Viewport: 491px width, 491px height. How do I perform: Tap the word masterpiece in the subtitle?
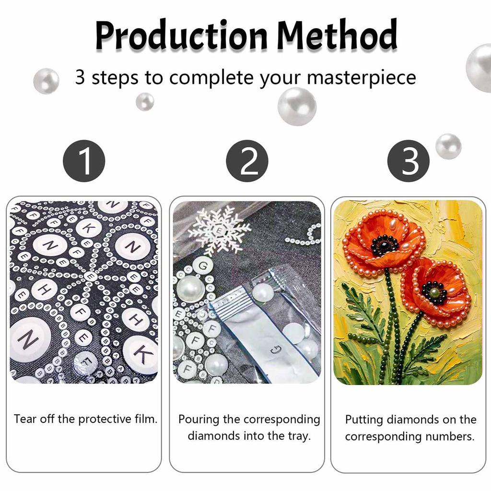362,78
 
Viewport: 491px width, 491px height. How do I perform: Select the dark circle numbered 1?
84,161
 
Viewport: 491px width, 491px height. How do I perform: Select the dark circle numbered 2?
247,161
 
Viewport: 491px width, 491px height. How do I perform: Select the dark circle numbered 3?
409,161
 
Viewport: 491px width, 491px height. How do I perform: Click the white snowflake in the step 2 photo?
220,231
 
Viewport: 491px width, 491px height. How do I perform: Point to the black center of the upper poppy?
384,245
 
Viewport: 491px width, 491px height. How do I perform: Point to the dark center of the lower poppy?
434,292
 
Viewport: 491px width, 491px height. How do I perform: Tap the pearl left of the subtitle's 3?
47,81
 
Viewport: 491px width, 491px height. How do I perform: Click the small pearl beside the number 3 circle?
448,146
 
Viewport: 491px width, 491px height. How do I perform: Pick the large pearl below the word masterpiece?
297,106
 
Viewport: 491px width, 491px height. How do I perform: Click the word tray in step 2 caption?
299,436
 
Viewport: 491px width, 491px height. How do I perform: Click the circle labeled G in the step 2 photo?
203,266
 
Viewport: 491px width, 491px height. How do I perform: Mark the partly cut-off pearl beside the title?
479,68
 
